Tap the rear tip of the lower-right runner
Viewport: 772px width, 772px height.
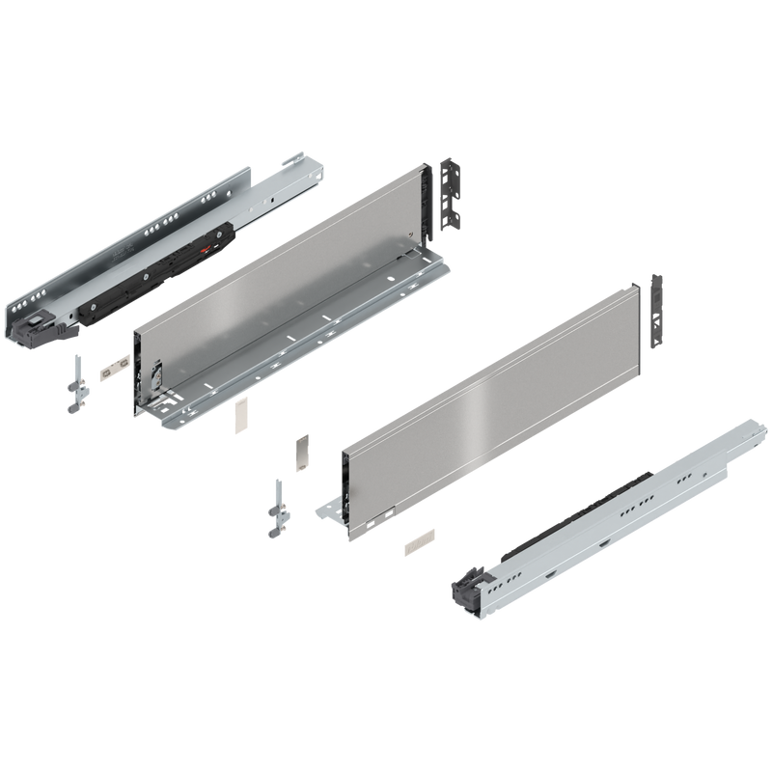pos(749,428)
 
